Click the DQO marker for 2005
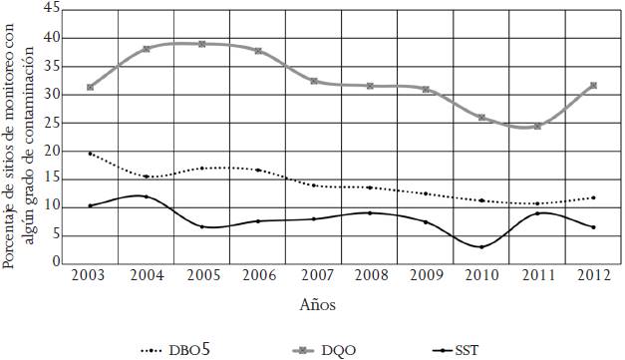[x=202, y=44]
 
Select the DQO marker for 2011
[x=537, y=127]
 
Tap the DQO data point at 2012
[x=593, y=86]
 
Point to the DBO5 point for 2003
[x=91, y=154]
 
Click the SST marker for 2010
[x=481, y=246]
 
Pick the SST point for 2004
[x=147, y=196]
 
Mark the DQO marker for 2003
[x=91, y=88]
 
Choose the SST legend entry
[x=454, y=350]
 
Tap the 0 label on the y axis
[x=56, y=263]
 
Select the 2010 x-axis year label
[x=481, y=275]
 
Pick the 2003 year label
[x=91, y=275]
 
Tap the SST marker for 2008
[x=370, y=212]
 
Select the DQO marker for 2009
[x=426, y=90]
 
